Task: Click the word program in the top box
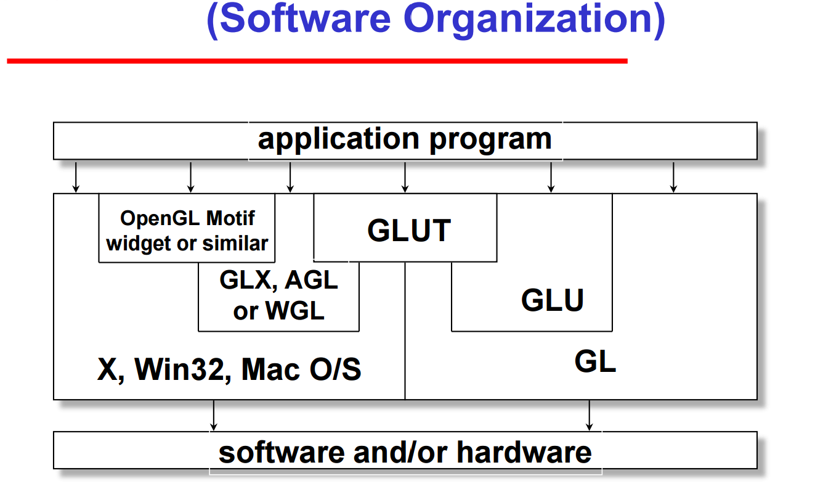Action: coord(490,139)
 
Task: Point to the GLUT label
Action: coord(409,231)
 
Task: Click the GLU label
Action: coord(552,300)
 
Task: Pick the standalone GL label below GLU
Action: coord(595,361)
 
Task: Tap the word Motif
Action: coord(232,218)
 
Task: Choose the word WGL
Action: coord(295,311)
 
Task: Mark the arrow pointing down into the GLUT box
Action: coord(405,177)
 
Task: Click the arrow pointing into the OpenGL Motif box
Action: coord(191,177)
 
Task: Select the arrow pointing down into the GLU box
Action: coord(551,177)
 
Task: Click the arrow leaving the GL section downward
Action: coord(590,415)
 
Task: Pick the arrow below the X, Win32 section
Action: coord(214,415)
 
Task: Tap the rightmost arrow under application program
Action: coord(673,177)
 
